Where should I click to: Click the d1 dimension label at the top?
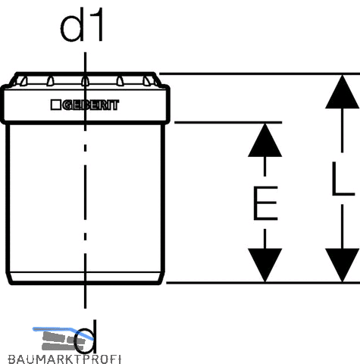click(x=82, y=24)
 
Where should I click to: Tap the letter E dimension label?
click(x=265, y=203)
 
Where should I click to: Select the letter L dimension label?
click(x=343, y=179)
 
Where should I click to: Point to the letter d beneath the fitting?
click(x=86, y=337)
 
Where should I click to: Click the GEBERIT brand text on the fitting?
click(x=90, y=105)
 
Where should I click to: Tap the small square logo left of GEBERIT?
click(x=55, y=105)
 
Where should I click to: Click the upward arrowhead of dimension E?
click(x=265, y=140)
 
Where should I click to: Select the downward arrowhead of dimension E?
click(x=265, y=265)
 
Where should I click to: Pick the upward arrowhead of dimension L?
click(x=342, y=92)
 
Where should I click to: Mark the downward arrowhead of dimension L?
click(x=342, y=265)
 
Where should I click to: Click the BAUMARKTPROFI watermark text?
click(x=64, y=359)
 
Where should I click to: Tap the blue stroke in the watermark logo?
click(x=63, y=331)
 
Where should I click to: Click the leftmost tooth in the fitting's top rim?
click(x=24, y=81)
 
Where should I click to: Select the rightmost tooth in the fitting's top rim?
click(x=147, y=81)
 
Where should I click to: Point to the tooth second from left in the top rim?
click(x=50, y=81)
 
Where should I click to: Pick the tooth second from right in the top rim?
click(x=120, y=81)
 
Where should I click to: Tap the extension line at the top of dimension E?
click(x=228, y=123)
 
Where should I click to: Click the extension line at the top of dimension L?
click(x=259, y=74)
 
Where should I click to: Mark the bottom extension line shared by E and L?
click(x=263, y=283)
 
